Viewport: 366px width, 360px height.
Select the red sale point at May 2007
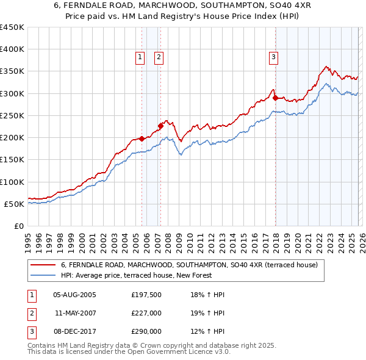[160, 126]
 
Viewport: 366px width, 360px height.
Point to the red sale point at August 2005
[142, 139]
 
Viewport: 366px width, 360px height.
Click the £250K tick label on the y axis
[12, 115]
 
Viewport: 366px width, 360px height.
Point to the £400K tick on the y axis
[12, 49]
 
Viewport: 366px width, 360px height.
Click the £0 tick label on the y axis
[18, 226]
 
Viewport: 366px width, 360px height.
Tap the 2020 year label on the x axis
[296, 239]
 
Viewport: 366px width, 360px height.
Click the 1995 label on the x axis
[27, 239]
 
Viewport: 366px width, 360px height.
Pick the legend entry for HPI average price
[136, 276]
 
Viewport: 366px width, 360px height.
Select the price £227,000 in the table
[146, 313]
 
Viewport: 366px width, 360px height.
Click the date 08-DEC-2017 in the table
[74, 331]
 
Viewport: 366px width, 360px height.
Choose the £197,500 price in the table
[146, 295]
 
